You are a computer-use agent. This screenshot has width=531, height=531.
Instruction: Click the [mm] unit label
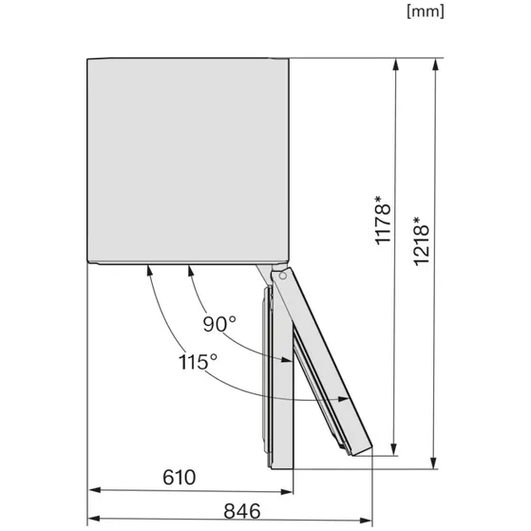[x=425, y=12]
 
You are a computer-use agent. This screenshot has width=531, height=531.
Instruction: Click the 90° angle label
[x=219, y=324]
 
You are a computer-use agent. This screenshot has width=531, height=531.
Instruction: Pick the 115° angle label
[x=198, y=362]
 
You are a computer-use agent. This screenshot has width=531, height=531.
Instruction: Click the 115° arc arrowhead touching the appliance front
[x=150, y=270]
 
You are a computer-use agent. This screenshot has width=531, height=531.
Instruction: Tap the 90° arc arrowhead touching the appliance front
[x=189, y=270]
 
